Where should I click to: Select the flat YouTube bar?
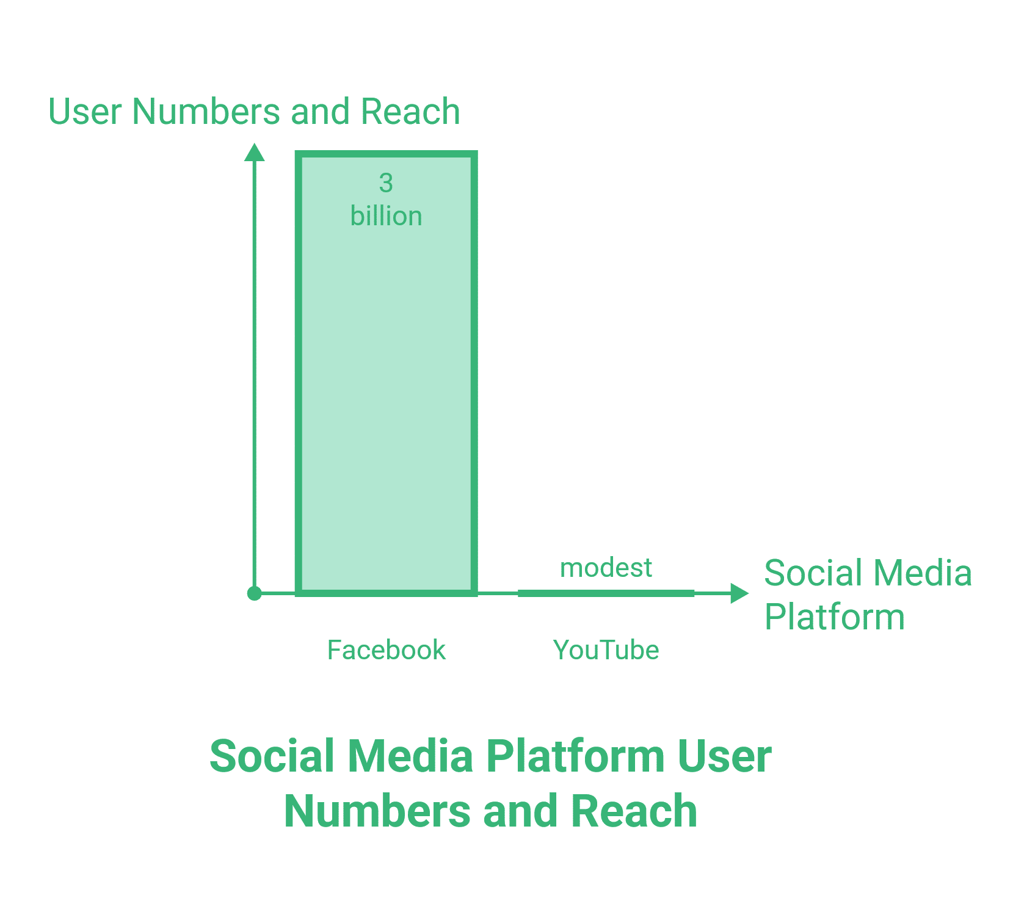(606, 593)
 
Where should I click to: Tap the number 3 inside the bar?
(386, 183)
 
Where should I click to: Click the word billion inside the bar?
(386, 216)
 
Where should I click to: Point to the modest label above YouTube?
(606, 568)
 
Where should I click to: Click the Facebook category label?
(386, 650)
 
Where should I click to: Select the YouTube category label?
(606, 650)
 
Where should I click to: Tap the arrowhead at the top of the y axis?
(255, 153)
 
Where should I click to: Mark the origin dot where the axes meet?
(255, 593)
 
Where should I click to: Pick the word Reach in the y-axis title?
(410, 112)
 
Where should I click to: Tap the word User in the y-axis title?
(85, 112)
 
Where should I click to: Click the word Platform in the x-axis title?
(834, 617)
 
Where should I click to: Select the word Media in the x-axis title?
(923, 573)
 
